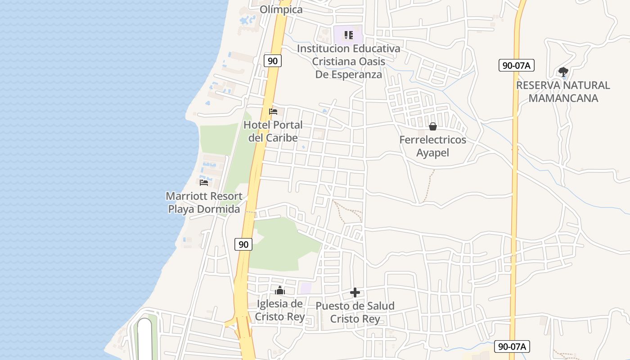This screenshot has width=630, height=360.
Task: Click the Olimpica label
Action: [281, 9]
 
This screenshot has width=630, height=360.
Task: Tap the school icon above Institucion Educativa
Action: [348, 35]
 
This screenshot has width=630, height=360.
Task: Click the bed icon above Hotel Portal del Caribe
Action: [273, 111]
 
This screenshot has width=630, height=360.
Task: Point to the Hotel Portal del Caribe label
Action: [273, 131]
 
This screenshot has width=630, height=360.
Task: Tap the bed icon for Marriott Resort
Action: [204, 182]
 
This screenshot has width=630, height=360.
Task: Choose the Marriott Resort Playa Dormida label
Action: [205, 202]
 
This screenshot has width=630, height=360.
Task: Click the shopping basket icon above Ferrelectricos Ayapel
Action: [433, 126]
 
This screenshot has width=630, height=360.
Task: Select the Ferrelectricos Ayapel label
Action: [433, 146]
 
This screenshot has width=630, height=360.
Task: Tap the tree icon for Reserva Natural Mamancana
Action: [563, 72]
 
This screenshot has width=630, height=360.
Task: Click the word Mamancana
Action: [563, 98]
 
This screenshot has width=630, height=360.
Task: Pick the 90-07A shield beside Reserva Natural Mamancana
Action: [516, 65]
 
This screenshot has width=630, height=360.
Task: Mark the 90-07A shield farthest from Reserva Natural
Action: [512, 346]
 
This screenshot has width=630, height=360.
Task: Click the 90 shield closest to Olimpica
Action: [273, 61]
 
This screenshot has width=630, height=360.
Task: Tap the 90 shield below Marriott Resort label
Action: [243, 244]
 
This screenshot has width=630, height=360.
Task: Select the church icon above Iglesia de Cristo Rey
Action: [280, 290]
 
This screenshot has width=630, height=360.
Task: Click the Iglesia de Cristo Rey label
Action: [280, 310]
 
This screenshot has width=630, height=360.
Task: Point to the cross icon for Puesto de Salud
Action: [355, 293]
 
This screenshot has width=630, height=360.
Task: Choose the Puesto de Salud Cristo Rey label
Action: [355, 312]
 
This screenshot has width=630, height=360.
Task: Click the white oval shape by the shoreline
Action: [145, 340]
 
